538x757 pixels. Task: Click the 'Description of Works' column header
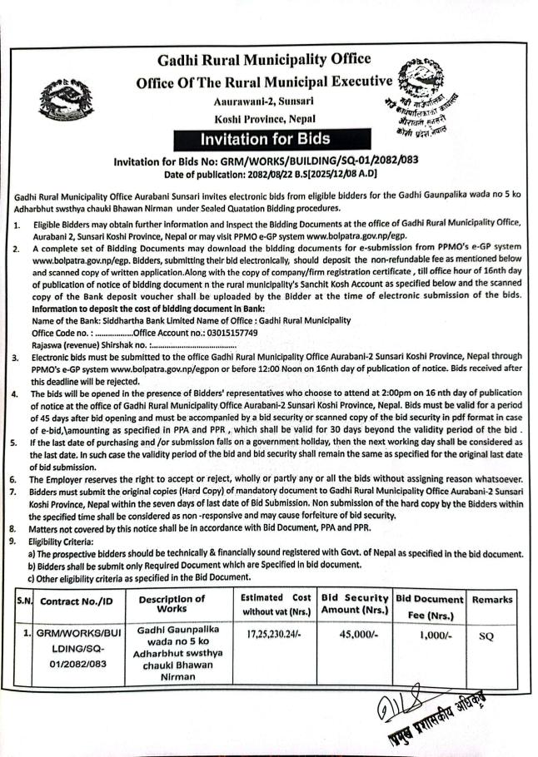tap(171, 605)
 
